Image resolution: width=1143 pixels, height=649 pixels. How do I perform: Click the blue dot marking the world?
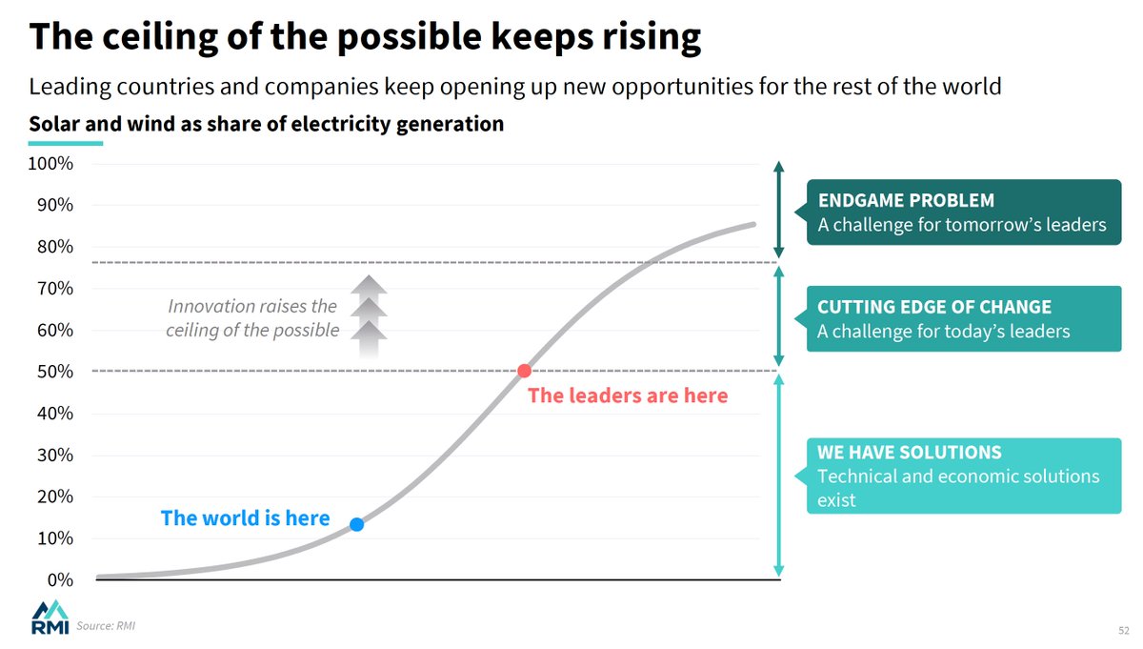tap(356, 524)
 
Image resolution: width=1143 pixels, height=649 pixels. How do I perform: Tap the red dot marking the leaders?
tap(524, 371)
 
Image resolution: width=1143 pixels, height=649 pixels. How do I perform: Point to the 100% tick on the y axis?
tap(51, 163)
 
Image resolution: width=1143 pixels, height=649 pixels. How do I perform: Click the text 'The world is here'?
tap(245, 518)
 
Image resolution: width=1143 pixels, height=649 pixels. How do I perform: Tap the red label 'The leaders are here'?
tap(627, 395)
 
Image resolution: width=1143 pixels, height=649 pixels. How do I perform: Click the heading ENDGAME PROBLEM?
tap(906, 201)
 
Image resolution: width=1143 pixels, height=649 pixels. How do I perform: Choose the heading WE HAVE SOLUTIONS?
tap(909, 453)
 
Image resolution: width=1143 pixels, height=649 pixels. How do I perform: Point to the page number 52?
tap(1123, 631)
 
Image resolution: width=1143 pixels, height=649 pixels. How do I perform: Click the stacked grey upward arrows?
tap(370, 314)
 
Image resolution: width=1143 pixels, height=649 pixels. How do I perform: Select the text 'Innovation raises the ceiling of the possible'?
tap(252, 318)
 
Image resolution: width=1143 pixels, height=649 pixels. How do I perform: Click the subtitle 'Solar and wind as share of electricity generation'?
tap(266, 124)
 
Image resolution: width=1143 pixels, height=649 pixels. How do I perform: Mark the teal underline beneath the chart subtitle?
tap(66, 144)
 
